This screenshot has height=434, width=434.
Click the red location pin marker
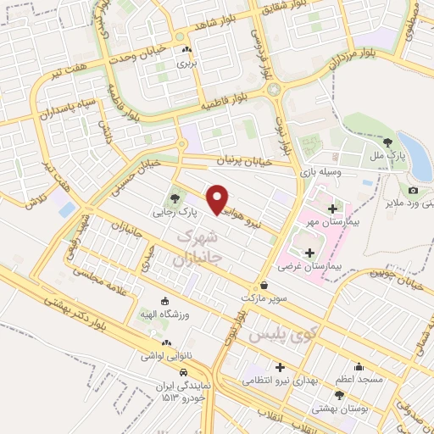tap(219, 199)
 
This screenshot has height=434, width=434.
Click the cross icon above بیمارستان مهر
tap(331, 209)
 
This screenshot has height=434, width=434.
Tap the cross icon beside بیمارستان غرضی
tap(309, 252)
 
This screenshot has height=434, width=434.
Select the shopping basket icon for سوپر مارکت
tap(264, 286)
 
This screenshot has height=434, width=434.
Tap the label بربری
tap(185, 64)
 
